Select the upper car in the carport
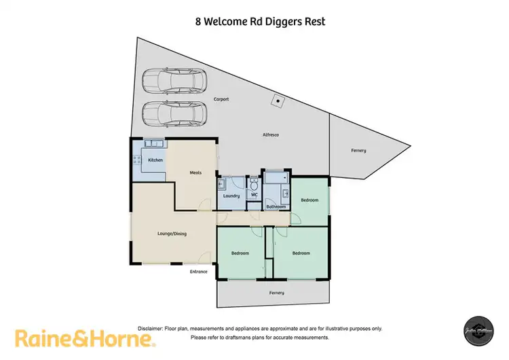pos(174,81)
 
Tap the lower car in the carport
pos(174,113)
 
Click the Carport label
pos(221,99)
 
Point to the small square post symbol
pos(277,101)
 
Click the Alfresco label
pos(271,135)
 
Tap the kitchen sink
pos(153,143)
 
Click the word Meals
pos(196,173)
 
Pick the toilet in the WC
pos(253,184)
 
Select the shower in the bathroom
pos(276,178)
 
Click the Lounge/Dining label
pos(172,234)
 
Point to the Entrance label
pos(198,272)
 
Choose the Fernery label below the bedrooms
pos(276,293)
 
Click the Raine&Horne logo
pos(86,338)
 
